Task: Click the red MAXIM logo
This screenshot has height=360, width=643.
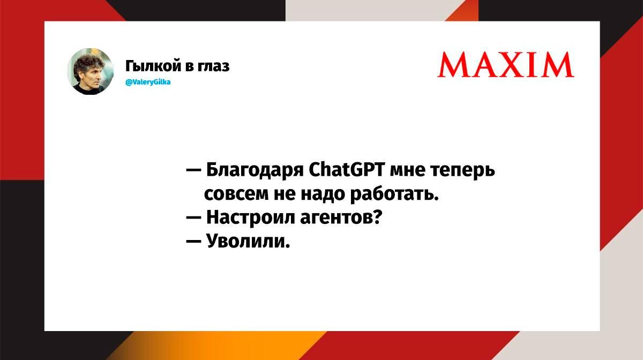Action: tap(506, 65)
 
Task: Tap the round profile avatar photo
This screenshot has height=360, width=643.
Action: tap(91, 71)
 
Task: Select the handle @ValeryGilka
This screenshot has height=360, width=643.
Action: tap(148, 82)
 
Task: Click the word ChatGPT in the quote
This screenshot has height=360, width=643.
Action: tap(347, 170)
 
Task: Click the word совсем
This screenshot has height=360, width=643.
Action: tap(236, 194)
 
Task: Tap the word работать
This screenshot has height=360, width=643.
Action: tap(395, 194)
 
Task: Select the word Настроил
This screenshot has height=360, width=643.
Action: tap(251, 217)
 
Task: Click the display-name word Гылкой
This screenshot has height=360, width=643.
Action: tap(154, 66)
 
